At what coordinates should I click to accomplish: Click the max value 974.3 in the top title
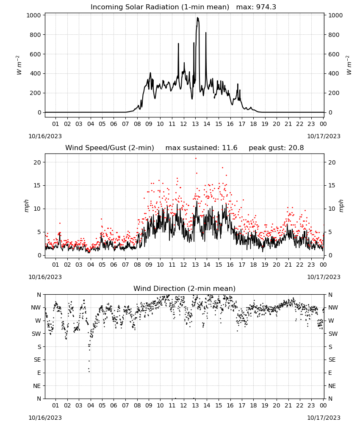(x=266, y=7)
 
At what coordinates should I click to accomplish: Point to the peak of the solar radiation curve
(x=197, y=18)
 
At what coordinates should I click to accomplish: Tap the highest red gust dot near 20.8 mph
(x=196, y=159)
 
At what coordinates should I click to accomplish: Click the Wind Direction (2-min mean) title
(x=185, y=288)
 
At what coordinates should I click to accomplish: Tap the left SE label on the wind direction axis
(x=38, y=360)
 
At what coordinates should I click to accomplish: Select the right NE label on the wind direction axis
(x=332, y=386)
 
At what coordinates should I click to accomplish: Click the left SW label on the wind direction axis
(x=37, y=334)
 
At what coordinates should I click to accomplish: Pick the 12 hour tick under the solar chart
(x=184, y=124)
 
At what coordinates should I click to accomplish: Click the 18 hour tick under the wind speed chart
(x=253, y=265)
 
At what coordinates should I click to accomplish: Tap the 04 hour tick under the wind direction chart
(x=91, y=405)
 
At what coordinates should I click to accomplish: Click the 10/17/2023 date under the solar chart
(x=324, y=136)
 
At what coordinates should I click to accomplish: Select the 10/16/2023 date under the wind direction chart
(x=45, y=418)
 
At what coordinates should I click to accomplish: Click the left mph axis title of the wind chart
(x=26, y=206)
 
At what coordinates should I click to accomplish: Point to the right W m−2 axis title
(x=349, y=65)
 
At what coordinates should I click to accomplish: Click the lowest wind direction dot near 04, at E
(x=89, y=371)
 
